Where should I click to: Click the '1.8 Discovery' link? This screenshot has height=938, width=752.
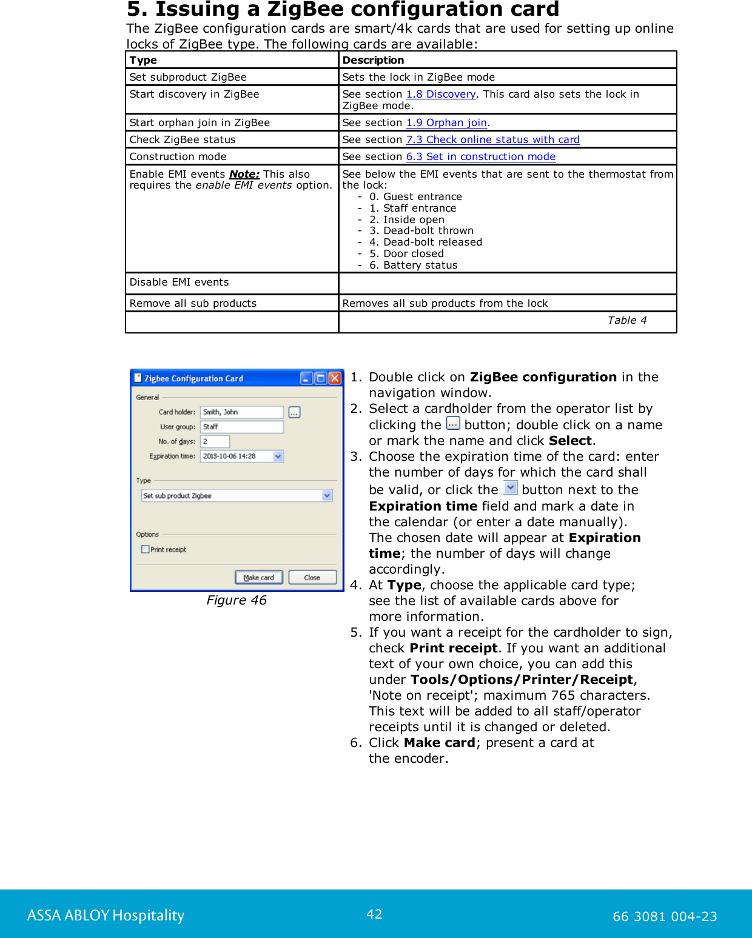coord(441,94)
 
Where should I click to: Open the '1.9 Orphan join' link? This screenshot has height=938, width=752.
coord(446,122)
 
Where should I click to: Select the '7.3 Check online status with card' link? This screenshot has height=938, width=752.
coord(492,139)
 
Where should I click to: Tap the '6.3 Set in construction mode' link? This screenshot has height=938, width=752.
coord(480,156)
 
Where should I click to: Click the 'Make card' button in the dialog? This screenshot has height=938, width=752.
coord(258,577)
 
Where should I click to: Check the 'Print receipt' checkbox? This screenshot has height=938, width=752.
coord(146,549)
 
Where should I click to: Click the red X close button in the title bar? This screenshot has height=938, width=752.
coord(335,378)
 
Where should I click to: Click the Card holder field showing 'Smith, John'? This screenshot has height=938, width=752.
coord(241,412)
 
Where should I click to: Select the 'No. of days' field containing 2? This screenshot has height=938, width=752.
coord(215,441)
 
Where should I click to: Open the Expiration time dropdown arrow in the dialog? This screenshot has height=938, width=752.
coord(278,457)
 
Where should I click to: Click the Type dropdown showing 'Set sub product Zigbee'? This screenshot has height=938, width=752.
coord(237,495)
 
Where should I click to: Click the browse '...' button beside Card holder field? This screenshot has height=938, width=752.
coord(294,412)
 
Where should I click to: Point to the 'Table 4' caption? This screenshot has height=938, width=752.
coord(627,320)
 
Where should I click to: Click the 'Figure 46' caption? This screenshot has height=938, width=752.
coord(237,600)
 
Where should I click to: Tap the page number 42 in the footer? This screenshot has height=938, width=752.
coord(374,914)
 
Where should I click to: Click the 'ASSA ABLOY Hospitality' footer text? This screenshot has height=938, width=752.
coord(106,915)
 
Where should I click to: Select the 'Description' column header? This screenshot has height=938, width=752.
coord(373,60)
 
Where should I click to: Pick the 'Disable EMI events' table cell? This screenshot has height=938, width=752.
coord(180,282)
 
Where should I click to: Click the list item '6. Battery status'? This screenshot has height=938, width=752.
coord(413,265)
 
